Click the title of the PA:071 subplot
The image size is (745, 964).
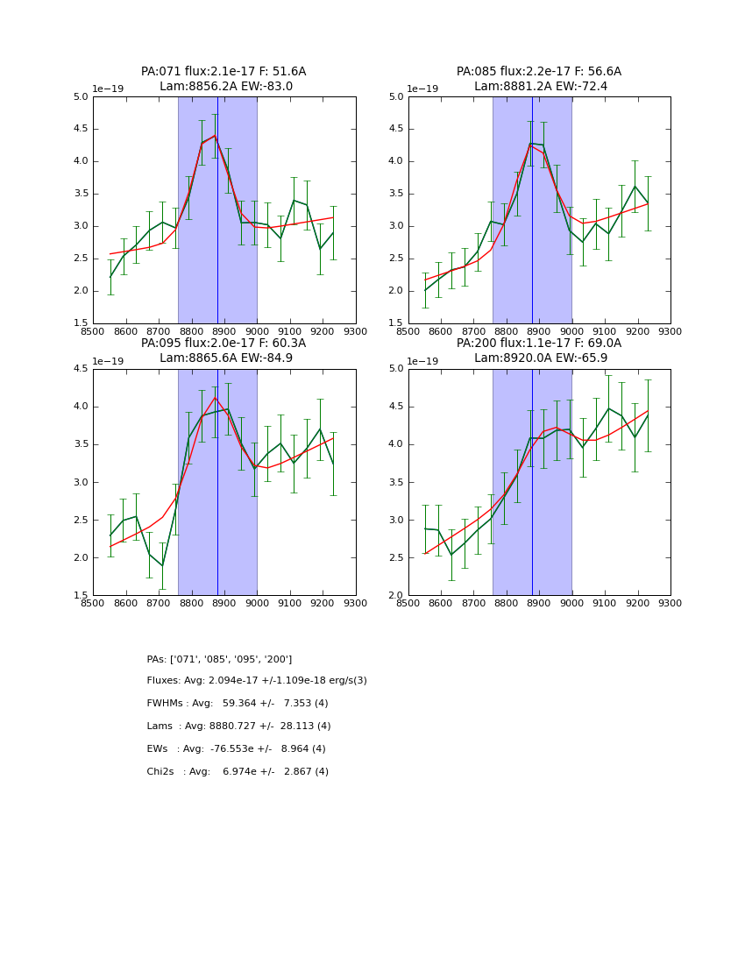223,72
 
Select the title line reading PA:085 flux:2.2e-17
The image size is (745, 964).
538,72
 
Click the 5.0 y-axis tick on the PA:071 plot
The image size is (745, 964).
80,97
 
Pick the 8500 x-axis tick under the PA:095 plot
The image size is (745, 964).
93,604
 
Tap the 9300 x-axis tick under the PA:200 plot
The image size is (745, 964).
670,604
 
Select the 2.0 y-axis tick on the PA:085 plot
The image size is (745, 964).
395,291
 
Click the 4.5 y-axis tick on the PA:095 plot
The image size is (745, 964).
80,369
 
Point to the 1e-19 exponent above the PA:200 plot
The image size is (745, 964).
424,361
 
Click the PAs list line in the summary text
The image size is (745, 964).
219,659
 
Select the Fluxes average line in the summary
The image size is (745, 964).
257,681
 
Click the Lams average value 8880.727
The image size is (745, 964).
238,727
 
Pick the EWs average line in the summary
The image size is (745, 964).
236,749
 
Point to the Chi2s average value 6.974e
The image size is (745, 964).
238,772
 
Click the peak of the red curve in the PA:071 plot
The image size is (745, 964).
215,135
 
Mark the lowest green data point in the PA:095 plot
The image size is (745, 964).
162,565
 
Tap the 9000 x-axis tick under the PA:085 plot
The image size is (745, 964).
571,332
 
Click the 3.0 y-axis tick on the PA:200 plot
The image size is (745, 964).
395,521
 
